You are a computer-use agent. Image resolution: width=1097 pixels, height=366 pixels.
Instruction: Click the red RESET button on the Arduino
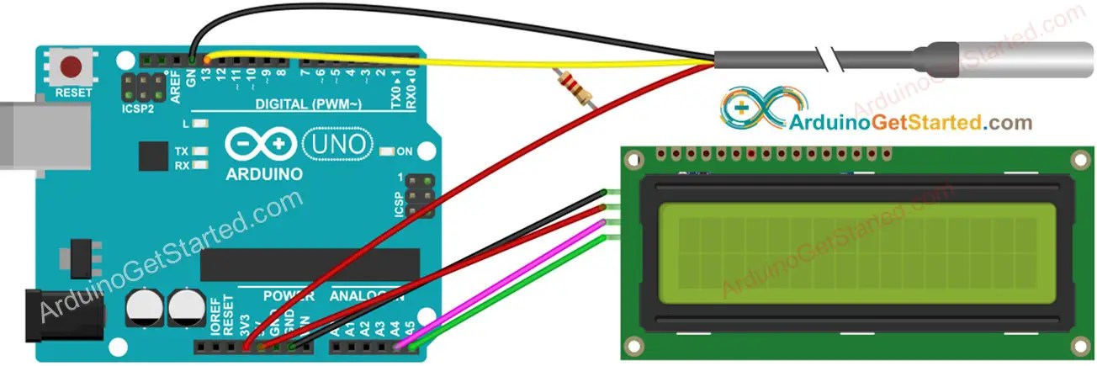72,66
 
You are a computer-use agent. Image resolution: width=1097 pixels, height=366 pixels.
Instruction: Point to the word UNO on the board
336,145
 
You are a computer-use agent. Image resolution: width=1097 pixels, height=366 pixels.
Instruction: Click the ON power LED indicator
387,151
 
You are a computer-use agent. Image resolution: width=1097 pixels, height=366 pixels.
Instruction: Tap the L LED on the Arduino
199,124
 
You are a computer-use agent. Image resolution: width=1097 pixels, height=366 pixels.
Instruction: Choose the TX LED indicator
200,151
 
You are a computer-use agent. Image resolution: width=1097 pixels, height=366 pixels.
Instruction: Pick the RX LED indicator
200,165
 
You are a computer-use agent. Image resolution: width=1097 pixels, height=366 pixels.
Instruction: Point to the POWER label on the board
288,297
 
